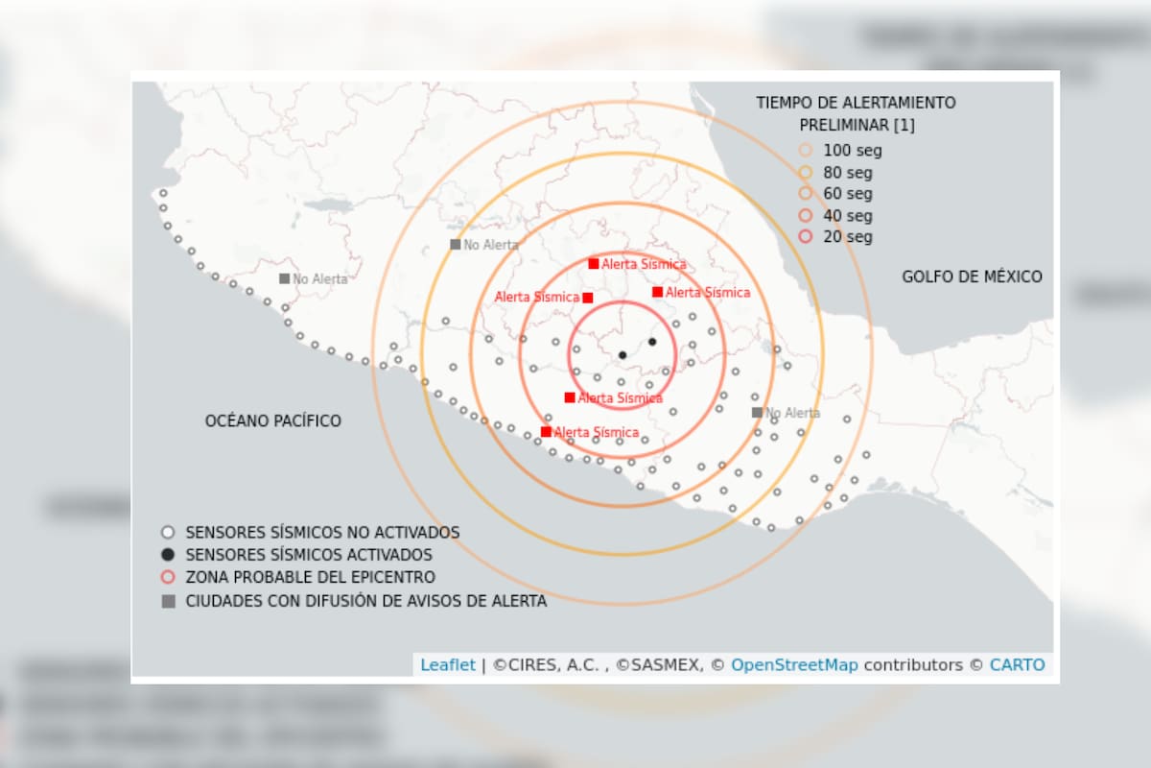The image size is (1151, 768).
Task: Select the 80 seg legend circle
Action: (806, 173)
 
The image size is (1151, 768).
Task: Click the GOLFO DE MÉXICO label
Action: (972, 277)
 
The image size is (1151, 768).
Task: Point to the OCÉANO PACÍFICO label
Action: (273, 420)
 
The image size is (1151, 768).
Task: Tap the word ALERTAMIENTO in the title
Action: (883, 103)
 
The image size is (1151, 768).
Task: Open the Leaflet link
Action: (447, 664)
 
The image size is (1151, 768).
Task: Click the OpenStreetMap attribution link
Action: (794, 664)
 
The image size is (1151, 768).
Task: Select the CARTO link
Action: (1017, 664)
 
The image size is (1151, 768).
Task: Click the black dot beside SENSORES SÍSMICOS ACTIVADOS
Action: (168, 555)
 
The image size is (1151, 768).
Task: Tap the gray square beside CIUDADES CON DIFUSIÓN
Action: (168, 602)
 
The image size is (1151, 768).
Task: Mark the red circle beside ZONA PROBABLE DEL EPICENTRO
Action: (168, 578)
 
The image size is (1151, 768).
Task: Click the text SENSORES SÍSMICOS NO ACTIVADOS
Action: (322, 532)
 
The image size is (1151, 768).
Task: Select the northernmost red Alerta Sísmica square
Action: (594, 264)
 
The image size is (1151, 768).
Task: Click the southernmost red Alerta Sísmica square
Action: (546, 432)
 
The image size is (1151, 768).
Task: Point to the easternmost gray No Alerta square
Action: (757, 413)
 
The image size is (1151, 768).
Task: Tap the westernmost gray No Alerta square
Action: (284, 278)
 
